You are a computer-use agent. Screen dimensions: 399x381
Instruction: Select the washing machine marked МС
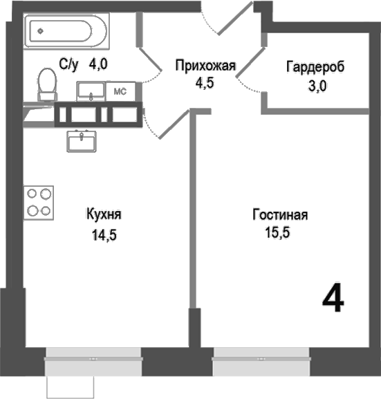pos(119,91)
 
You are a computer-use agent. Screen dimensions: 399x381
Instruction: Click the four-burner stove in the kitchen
pos(39,202)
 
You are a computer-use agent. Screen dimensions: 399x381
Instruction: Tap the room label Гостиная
pos(279,215)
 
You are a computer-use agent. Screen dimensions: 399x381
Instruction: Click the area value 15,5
pos(277,233)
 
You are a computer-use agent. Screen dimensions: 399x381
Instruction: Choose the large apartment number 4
pos(333,299)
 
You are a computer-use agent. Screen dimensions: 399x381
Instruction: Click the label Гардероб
pos(315,67)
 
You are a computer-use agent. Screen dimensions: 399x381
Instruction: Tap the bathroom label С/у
pos(69,65)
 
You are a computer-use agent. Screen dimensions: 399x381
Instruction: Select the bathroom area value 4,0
pos(100,65)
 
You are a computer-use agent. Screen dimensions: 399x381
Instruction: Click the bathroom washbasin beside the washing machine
pos(91,91)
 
